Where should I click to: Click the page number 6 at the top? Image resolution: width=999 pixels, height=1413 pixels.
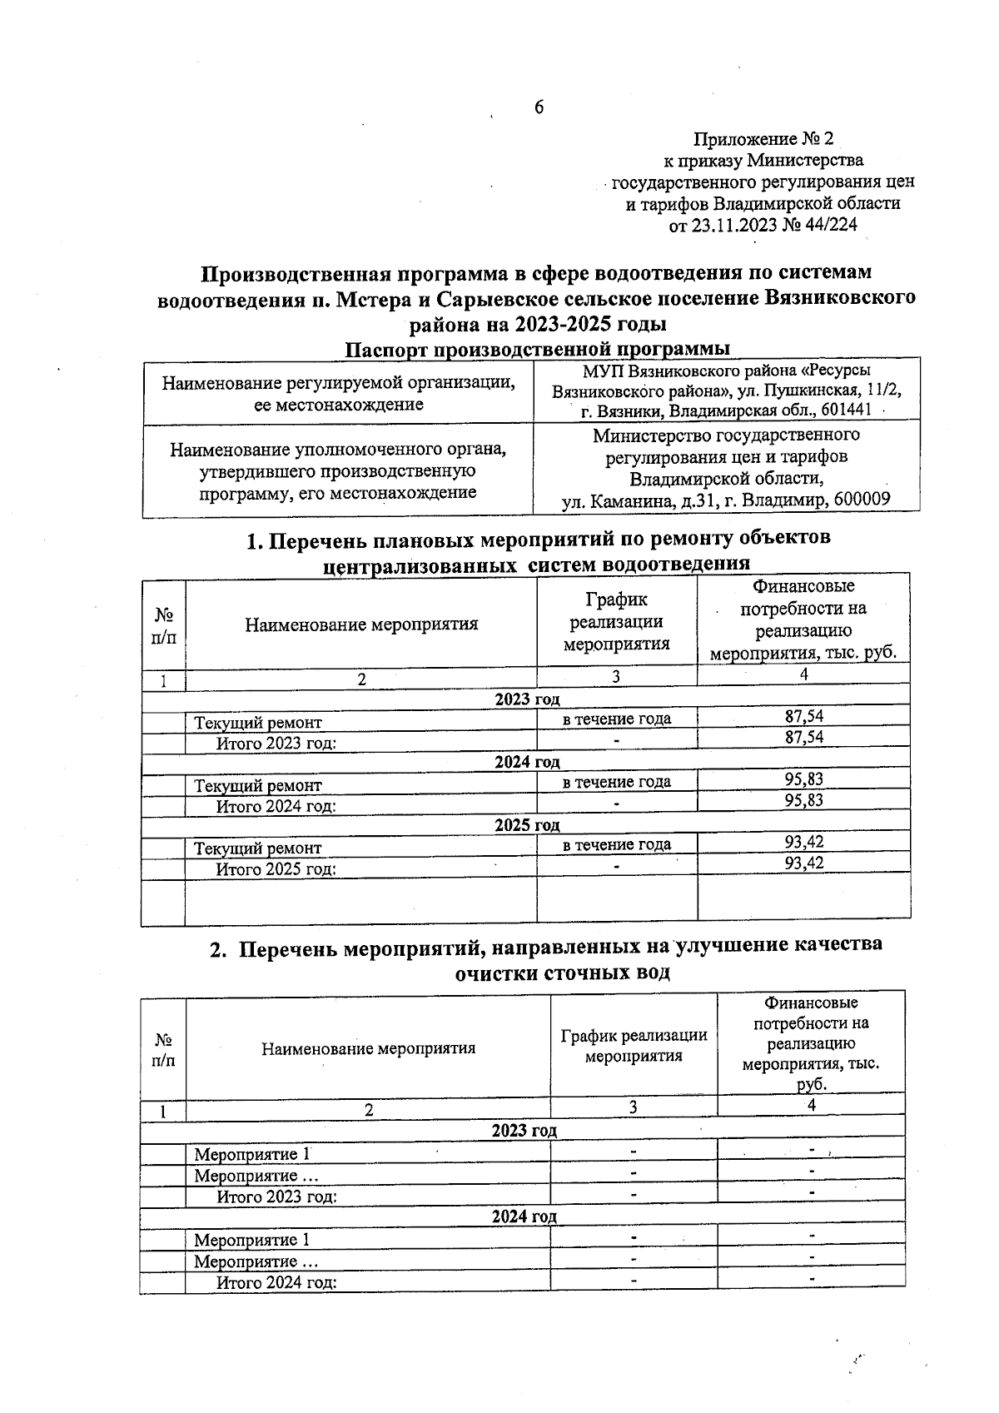[539, 107]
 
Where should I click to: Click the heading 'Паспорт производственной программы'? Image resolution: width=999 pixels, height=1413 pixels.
[538, 348]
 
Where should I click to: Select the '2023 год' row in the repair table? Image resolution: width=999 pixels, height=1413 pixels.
[526, 699]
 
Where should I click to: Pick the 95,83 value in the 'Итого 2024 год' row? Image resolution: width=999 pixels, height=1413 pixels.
[803, 800]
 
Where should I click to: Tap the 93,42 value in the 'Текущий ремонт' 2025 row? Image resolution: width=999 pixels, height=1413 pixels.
[803, 843]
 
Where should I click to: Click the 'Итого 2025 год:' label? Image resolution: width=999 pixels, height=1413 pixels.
[276, 869]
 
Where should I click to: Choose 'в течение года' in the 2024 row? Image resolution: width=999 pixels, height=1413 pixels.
[616, 781]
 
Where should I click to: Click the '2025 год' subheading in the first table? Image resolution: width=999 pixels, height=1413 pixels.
[526, 825]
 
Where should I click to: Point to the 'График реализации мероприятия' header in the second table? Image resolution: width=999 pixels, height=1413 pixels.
[634, 1045]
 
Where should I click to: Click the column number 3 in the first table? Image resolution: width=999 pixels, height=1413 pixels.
[615, 678]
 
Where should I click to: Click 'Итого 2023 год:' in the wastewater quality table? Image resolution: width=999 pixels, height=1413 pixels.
[276, 1197]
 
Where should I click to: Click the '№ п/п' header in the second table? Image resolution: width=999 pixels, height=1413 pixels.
[163, 1050]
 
